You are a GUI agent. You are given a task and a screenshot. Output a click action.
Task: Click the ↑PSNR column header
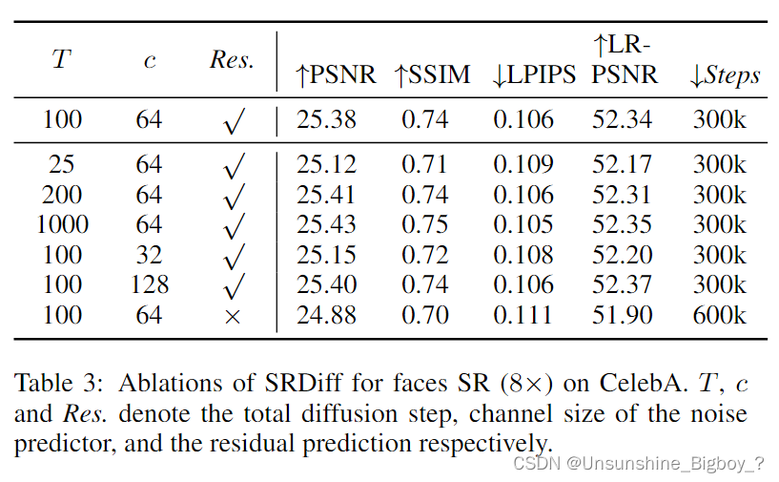pos(336,75)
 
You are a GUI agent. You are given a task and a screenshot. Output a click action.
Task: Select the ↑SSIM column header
pos(432,75)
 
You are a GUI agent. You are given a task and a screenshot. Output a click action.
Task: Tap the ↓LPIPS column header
pos(534,75)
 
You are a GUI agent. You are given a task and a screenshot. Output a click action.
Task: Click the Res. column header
pos(232,60)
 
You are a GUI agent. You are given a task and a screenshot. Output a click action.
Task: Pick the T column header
pos(61,60)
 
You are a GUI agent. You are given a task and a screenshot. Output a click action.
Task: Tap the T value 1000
pos(62,224)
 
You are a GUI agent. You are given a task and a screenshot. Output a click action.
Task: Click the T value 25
pos(62,164)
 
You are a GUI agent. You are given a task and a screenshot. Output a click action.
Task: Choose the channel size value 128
pos(149,284)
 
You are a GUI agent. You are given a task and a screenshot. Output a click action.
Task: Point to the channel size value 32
pos(149,255)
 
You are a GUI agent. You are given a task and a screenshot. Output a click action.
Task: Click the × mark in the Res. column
pos(233,315)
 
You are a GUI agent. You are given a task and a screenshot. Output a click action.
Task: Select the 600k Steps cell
pos(719,314)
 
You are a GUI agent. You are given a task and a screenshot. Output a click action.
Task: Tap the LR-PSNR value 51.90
pos(622,314)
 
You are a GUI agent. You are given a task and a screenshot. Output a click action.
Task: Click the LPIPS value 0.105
pos(523,224)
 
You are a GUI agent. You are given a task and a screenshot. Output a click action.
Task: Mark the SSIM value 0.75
pos(424,224)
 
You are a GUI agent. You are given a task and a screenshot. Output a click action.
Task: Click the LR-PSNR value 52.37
pos(622,284)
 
